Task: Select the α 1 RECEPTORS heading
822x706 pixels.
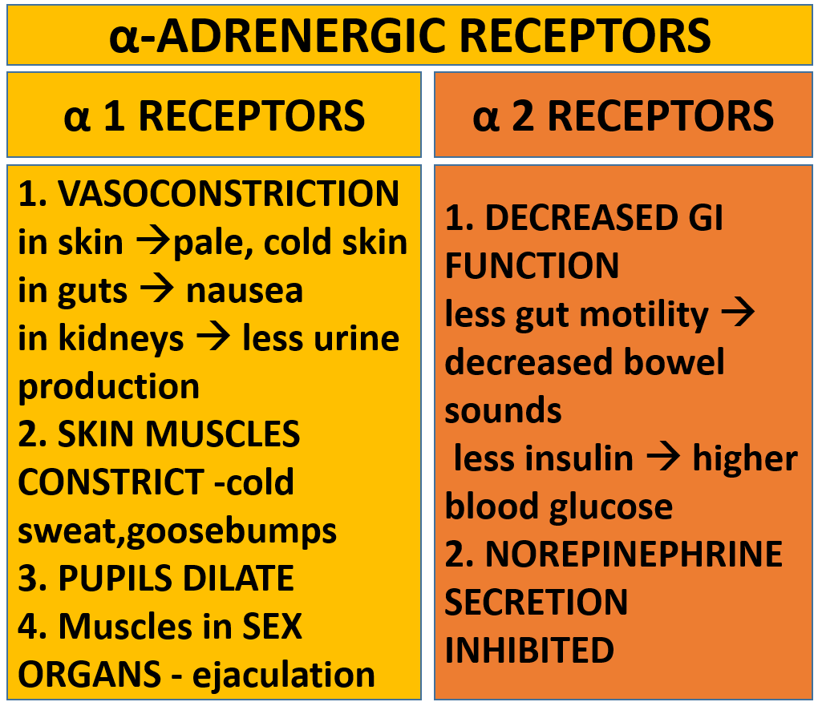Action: tap(214, 115)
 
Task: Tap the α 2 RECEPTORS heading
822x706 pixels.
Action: tap(623, 115)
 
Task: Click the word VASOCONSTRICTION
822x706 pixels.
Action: tap(229, 193)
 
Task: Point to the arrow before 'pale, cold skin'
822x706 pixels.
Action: tap(153, 242)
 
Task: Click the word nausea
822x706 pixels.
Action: tap(245, 291)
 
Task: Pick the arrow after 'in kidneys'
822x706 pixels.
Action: tap(213, 338)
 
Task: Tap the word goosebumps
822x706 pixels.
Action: tap(231, 532)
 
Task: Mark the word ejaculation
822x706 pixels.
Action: tap(284, 676)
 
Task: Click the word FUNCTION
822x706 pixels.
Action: tap(532, 265)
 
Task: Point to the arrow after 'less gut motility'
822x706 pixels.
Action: tap(738, 313)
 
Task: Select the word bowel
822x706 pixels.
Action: tap(674, 361)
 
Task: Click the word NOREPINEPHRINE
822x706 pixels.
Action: tap(634, 554)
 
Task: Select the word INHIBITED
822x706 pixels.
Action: tap(529, 650)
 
